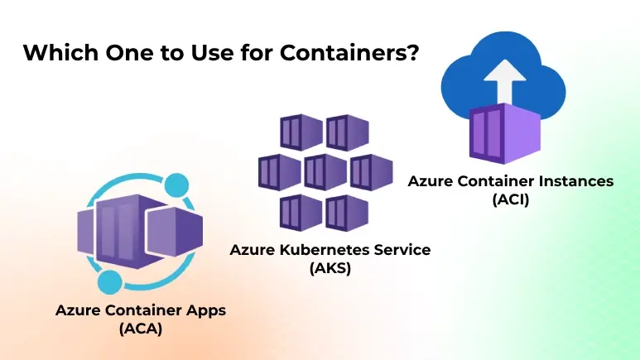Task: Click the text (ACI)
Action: pos(510,199)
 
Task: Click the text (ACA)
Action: pos(140,329)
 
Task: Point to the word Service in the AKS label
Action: pos(402,249)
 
